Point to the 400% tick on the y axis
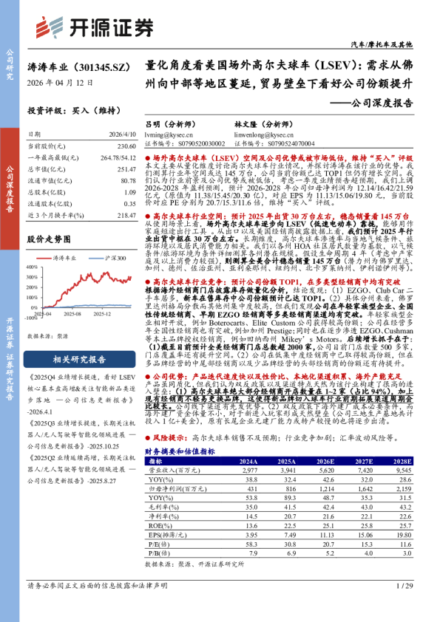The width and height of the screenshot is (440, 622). click(33, 264)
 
